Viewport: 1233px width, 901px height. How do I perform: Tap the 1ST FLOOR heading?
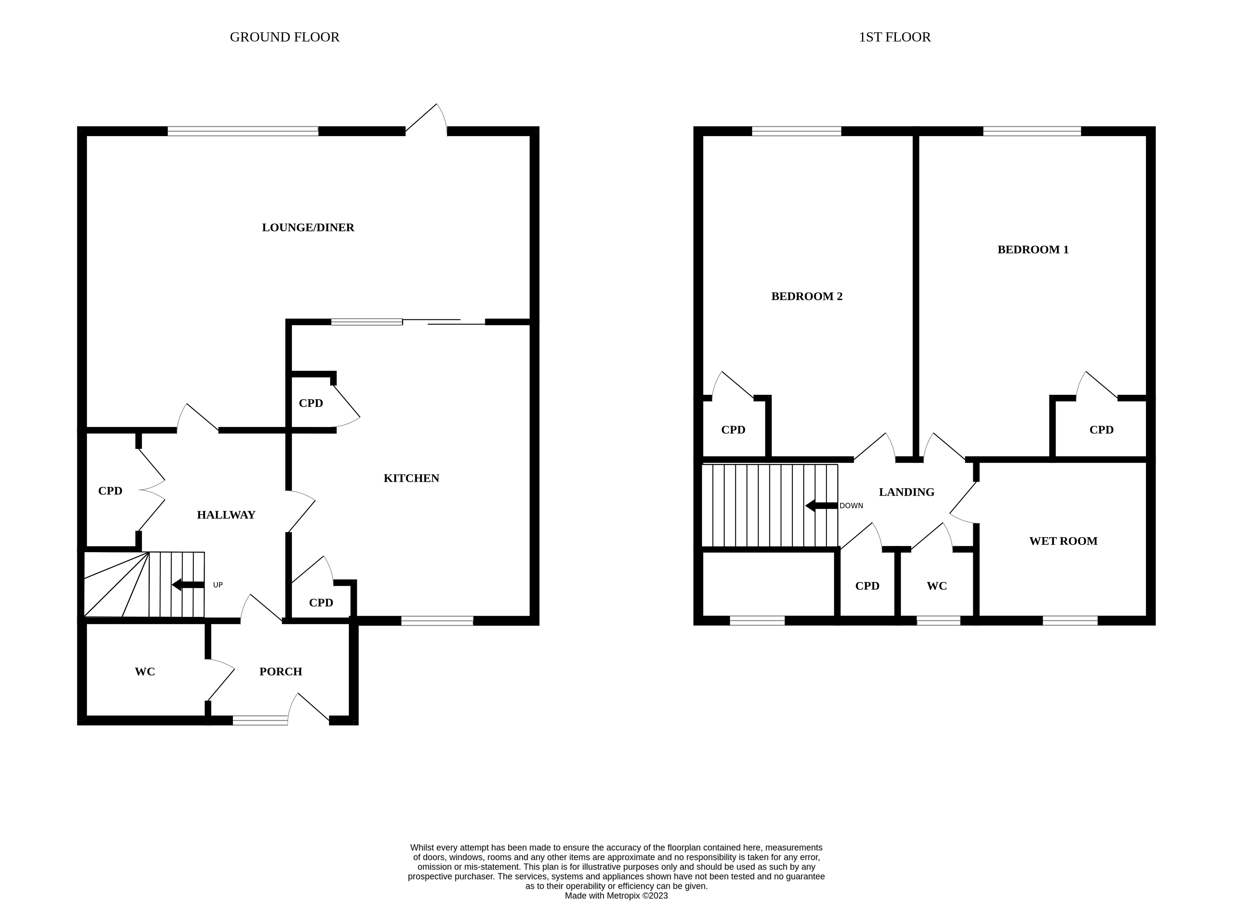point(894,37)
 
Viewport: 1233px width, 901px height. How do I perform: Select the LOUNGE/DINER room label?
point(308,227)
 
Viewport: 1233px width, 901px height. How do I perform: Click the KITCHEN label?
point(411,478)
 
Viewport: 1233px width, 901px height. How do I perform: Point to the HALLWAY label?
point(226,515)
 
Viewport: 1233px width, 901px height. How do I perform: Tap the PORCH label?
point(280,671)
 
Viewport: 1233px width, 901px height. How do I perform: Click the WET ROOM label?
point(1063,541)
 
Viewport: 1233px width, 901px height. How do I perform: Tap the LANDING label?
point(906,492)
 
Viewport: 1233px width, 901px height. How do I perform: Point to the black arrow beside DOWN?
point(821,506)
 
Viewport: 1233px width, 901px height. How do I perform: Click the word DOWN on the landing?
point(851,506)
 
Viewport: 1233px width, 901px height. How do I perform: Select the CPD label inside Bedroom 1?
point(1101,430)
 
